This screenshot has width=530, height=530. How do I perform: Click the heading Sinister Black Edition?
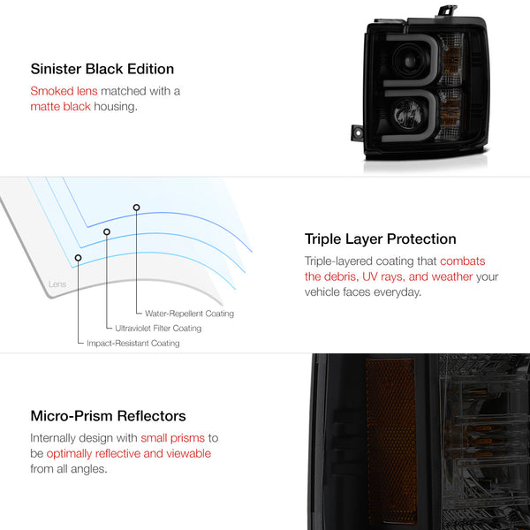(x=102, y=69)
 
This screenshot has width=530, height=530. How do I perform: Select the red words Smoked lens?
(x=64, y=91)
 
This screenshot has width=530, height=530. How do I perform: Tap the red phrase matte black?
(x=60, y=107)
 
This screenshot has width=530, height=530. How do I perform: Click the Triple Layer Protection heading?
(x=380, y=239)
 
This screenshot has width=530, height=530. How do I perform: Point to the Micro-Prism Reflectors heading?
(x=108, y=416)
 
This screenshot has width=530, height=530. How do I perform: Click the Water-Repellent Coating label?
(x=189, y=314)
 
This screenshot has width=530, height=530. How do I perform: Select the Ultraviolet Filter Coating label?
(x=158, y=329)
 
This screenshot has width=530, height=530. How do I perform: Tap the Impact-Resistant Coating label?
(x=133, y=343)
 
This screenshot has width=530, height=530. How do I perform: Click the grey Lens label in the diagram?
(x=57, y=284)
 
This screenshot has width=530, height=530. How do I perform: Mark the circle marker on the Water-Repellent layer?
(x=136, y=208)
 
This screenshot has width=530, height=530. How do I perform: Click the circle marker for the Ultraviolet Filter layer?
(x=107, y=231)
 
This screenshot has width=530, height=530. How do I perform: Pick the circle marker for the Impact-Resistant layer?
(x=78, y=258)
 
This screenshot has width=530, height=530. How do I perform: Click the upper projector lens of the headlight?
(x=410, y=61)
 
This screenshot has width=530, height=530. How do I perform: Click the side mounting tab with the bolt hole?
(x=357, y=132)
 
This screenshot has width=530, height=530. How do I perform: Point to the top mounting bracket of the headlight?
(x=448, y=11)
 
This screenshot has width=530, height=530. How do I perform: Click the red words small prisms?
(x=173, y=438)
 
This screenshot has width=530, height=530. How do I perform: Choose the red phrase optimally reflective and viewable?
(x=129, y=454)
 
